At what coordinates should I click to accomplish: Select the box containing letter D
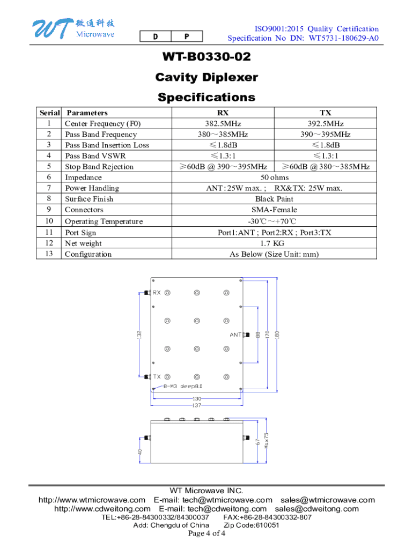coord(155,36)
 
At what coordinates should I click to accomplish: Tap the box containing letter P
coord(187,36)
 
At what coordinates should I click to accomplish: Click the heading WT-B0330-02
coord(206,57)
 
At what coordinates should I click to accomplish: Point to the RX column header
coord(223,113)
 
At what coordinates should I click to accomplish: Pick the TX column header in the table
coord(326,113)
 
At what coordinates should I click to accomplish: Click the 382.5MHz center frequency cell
coord(223,123)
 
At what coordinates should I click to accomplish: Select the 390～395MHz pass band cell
coord(326,134)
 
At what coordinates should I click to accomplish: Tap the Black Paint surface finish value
coord(274,199)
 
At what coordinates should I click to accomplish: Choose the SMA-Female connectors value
coord(274,210)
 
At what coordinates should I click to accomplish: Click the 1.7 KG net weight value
coord(274,243)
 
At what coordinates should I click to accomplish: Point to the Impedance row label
coord(83,177)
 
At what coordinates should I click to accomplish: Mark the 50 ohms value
coord(274,177)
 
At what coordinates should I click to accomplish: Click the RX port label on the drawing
coord(157,293)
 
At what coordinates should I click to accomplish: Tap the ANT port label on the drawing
coord(235,335)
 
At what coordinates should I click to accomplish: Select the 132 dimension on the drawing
coord(139,335)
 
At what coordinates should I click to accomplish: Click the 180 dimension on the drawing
coord(277,334)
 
